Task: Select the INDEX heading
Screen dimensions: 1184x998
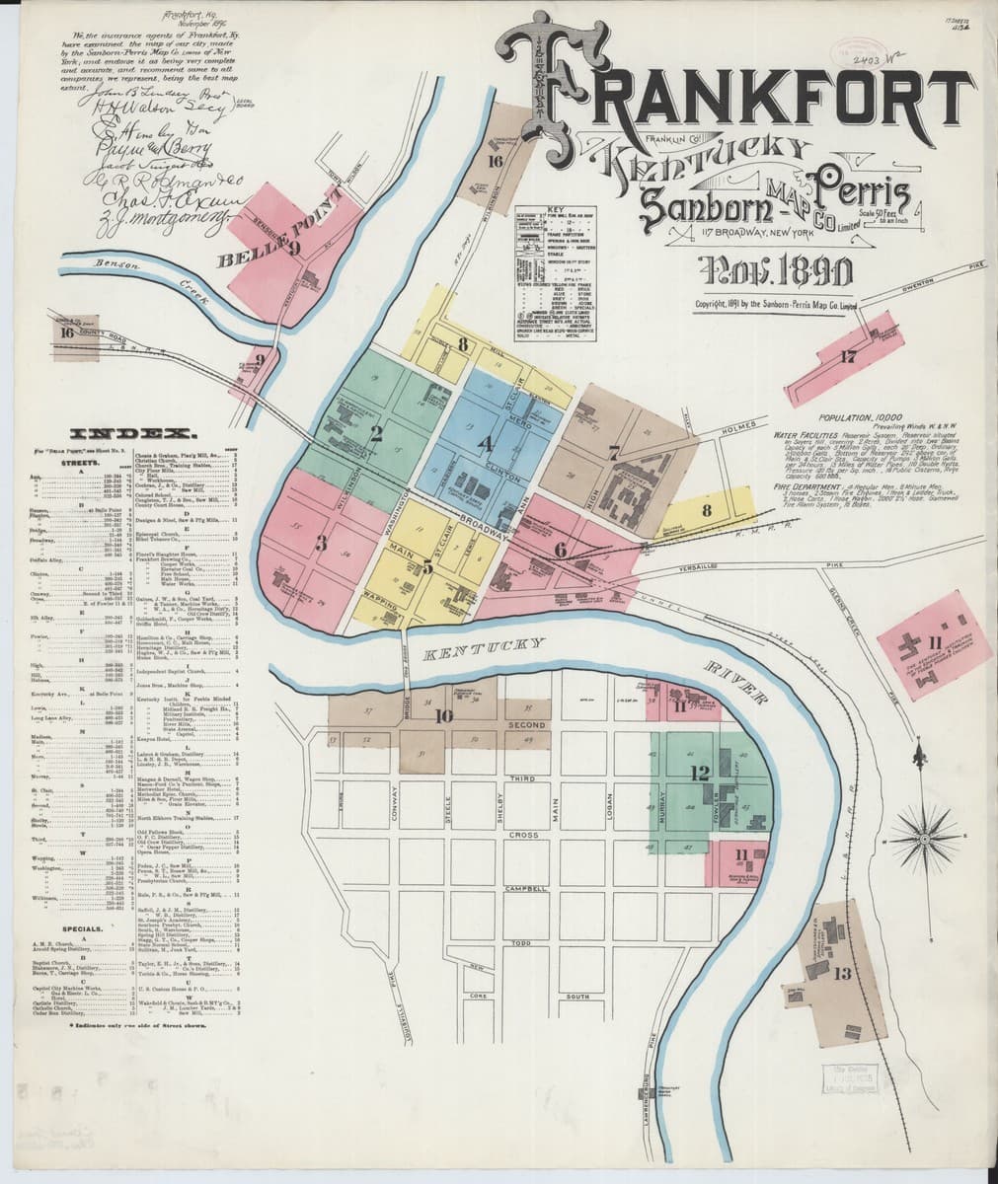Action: [x=131, y=433]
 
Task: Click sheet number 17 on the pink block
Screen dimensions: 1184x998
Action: [x=848, y=357]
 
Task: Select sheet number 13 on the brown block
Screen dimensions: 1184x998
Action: [x=842, y=975]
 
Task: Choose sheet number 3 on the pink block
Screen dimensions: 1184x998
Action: [x=321, y=542]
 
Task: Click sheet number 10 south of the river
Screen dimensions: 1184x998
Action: [x=443, y=717]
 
